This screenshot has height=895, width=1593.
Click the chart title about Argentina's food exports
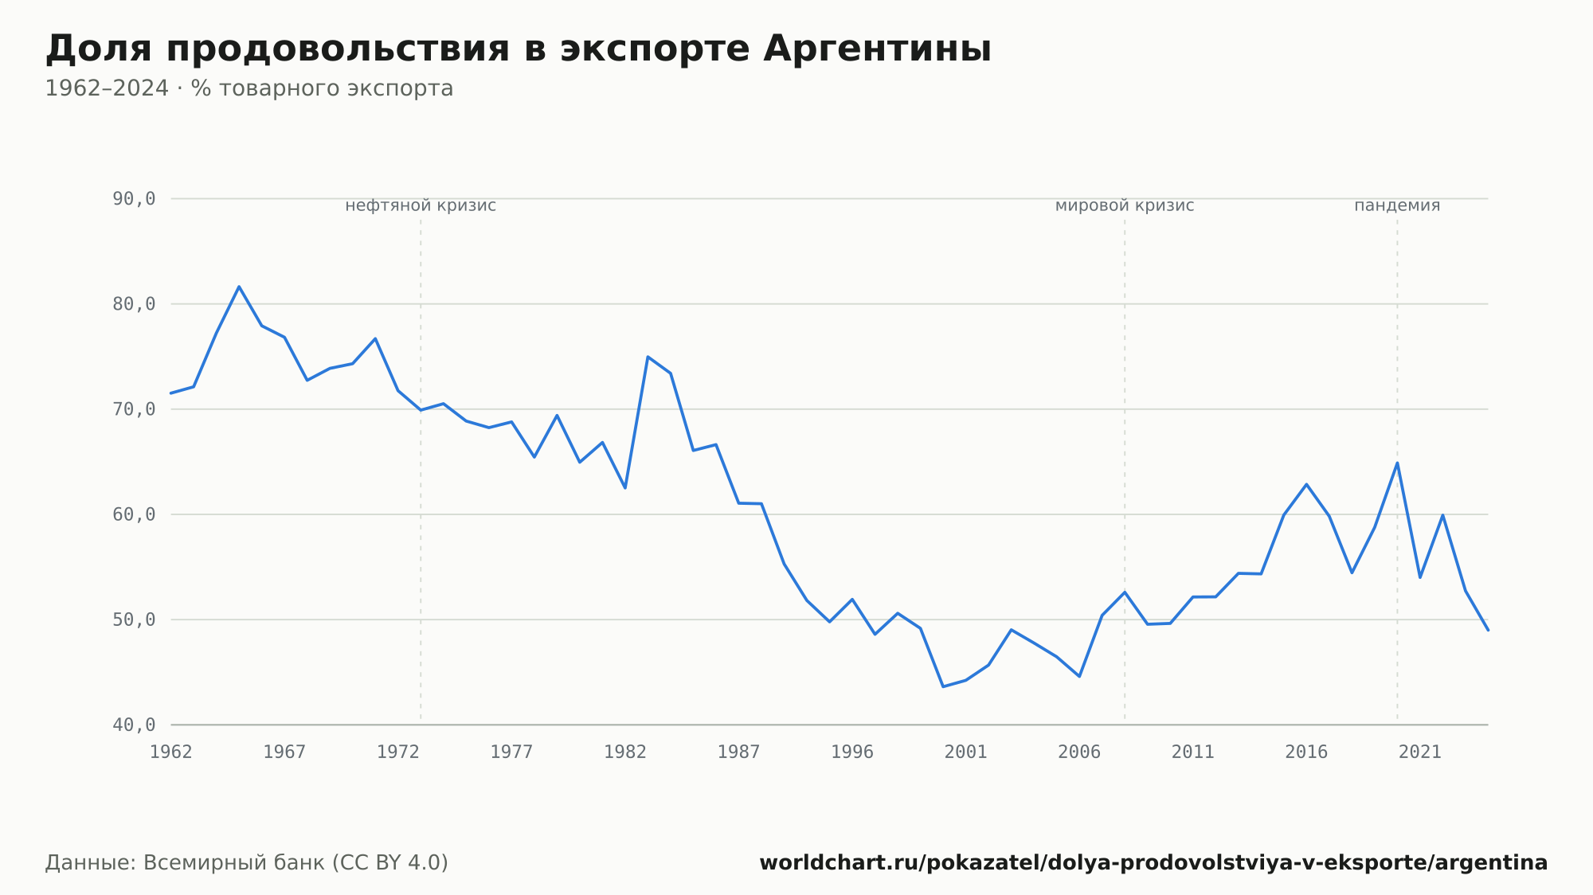click(519, 49)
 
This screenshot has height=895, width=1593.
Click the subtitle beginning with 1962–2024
click(249, 88)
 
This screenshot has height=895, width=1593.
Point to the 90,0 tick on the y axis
click(134, 199)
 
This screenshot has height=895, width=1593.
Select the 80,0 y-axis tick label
click(134, 304)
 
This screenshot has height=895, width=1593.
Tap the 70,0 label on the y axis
click(134, 409)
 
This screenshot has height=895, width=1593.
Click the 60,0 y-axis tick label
click(134, 514)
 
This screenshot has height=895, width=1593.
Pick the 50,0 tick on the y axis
click(134, 619)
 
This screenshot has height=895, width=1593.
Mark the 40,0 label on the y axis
click(134, 725)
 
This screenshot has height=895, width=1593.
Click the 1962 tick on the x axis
click(171, 752)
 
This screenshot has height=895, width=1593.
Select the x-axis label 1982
click(625, 752)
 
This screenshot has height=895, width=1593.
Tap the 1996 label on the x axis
click(852, 752)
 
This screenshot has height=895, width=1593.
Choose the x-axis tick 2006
click(1079, 752)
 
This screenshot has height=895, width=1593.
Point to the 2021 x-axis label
click(1420, 752)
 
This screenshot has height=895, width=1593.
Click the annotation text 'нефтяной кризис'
click(421, 206)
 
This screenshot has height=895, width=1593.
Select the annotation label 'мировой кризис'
click(1125, 206)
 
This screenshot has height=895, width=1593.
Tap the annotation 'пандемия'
click(1397, 206)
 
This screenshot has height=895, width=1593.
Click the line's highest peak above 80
click(239, 287)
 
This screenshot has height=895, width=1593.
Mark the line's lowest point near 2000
click(943, 686)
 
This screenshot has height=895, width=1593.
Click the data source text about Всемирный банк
click(247, 863)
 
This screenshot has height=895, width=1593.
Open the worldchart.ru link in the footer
click(1153, 863)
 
